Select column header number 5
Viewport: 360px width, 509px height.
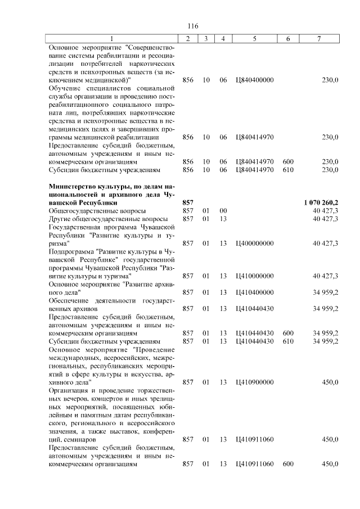(255, 38)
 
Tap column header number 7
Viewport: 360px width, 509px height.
(319, 38)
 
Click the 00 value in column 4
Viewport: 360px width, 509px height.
(223, 210)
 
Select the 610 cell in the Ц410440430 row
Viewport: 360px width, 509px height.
(289, 341)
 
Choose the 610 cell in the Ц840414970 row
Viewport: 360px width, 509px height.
(289, 169)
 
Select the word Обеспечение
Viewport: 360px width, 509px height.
(70, 300)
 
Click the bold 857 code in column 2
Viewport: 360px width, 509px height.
(188, 201)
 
